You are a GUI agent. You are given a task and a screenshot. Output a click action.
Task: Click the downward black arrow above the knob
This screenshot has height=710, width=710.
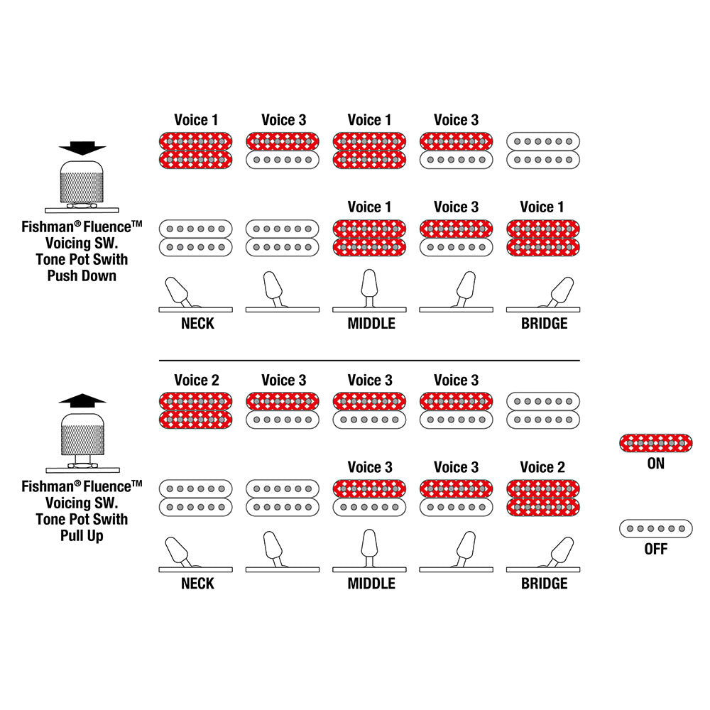tap(82, 147)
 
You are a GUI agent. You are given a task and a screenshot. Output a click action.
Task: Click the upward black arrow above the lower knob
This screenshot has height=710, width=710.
tap(82, 400)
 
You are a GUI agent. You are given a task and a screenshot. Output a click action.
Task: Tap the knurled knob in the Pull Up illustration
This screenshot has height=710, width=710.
tap(82, 434)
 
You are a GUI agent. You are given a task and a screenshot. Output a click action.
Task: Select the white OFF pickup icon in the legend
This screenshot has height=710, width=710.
tap(655, 529)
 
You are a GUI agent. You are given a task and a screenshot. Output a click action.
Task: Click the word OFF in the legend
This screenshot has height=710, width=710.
tap(655, 550)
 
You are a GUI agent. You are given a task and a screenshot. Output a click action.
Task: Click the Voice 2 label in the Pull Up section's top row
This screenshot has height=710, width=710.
tap(196, 381)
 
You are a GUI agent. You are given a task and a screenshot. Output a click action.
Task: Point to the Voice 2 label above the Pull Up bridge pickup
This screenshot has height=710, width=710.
tap(542, 467)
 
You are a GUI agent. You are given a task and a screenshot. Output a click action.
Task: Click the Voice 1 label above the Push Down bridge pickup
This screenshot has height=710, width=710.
tap(542, 207)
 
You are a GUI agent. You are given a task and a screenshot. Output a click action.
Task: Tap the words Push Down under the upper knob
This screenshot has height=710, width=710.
tap(82, 275)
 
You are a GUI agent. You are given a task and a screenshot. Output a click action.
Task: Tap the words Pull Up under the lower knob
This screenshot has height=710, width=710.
tap(82, 535)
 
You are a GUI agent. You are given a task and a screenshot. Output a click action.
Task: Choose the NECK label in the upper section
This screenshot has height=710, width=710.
tap(197, 324)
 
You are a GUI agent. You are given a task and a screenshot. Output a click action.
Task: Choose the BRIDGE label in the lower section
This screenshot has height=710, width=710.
tap(545, 584)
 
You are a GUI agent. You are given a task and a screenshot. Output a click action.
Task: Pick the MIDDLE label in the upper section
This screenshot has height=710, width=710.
tap(371, 324)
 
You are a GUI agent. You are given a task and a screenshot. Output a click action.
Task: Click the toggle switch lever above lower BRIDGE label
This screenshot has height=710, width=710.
tap(561, 549)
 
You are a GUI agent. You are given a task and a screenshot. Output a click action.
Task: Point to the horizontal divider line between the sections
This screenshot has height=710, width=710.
tap(369, 361)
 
